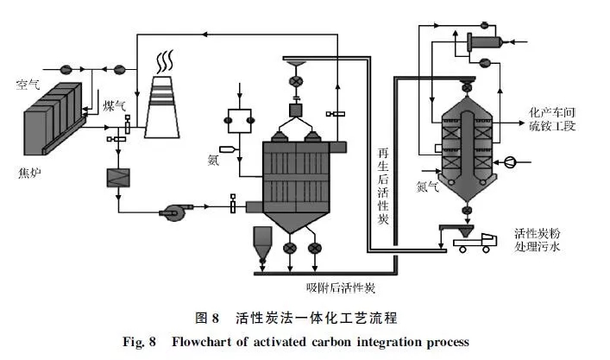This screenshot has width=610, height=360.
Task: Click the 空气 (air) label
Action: [x=28, y=85]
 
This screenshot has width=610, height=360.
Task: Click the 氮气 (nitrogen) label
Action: [x=429, y=185]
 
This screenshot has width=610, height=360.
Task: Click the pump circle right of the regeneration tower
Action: [x=512, y=160]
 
